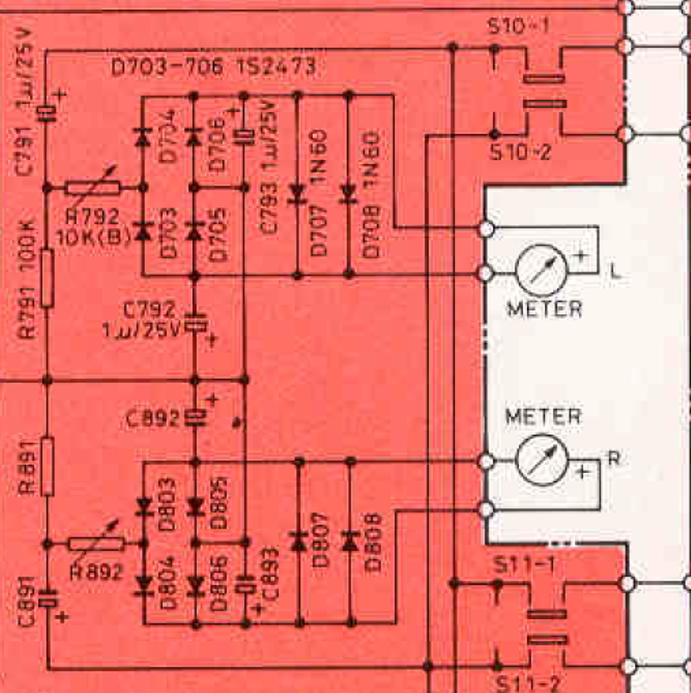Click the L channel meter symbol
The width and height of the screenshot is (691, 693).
[x=541, y=270]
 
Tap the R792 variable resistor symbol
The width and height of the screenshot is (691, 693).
[x=93, y=187]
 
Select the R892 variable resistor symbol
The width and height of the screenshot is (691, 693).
[x=97, y=543]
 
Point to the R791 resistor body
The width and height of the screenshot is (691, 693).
[x=47, y=277]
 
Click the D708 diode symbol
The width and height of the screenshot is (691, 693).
[x=349, y=194]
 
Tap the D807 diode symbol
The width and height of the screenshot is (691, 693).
[x=298, y=541]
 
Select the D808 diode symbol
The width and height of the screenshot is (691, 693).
[x=350, y=541]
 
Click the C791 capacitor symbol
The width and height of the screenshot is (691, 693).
[x=46, y=113]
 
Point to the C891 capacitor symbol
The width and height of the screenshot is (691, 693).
[x=47, y=600]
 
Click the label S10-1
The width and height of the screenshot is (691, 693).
[x=518, y=28]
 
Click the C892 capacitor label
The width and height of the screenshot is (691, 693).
[x=153, y=420]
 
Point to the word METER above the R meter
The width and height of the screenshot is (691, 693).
[x=543, y=416]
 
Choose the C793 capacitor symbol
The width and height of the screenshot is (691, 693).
[x=244, y=136]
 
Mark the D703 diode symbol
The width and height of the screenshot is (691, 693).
[x=143, y=232]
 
